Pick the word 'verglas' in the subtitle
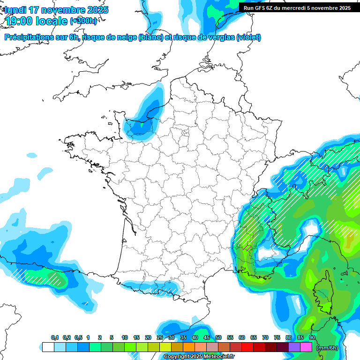219,37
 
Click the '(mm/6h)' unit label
327,347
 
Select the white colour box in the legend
48,347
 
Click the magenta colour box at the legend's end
306,347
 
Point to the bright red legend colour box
247,347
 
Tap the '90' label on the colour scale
312,338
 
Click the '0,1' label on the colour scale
55,338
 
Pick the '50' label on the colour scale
218,338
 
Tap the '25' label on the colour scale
159,338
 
